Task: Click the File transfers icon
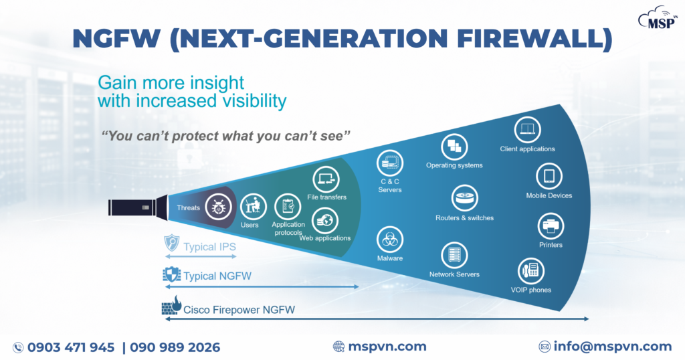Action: point(326,179)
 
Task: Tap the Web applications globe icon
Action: point(326,219)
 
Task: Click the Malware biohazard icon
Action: point(390,238)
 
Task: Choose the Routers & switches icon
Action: point(464,199)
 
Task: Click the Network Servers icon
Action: point(454,255)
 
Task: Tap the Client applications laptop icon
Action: point(527,129)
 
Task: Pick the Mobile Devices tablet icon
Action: point(549,177)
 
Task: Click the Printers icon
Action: point(551,226)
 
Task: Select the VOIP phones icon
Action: point(532,271)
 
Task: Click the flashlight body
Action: point(134,207)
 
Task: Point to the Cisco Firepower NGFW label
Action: point(239,310)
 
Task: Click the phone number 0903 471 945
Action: point(71,347)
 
